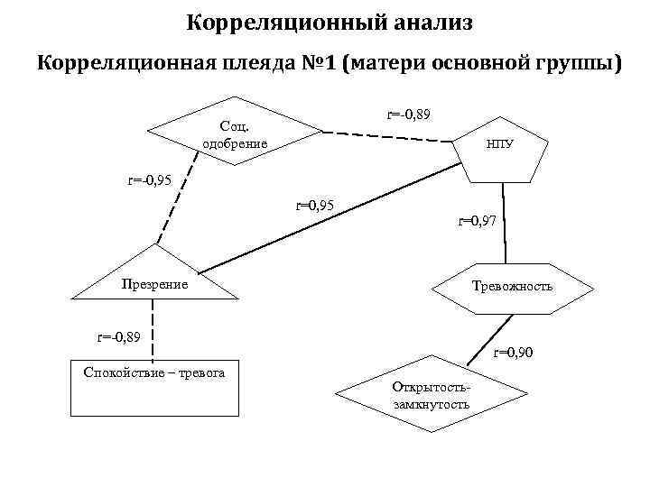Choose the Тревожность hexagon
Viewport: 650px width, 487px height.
(513, 287)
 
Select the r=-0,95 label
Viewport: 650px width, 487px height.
(149, 180)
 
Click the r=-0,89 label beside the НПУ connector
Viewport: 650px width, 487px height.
(409, 115)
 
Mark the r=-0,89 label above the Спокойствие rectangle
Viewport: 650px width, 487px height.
(120, 337)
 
